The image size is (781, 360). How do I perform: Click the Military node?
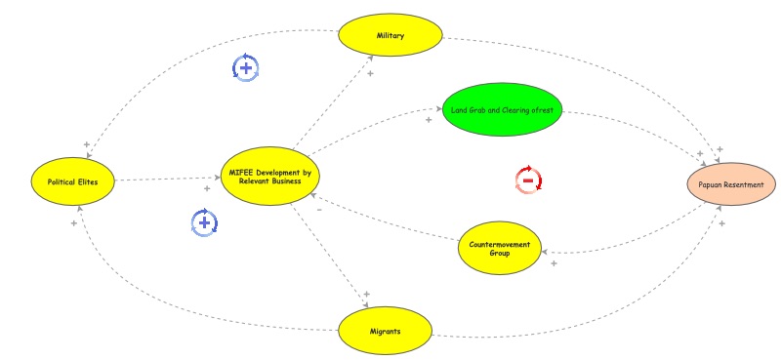pyautogui.click(x=390, y=36)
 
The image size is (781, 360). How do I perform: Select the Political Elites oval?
pyautogui.click(x=73, y=180)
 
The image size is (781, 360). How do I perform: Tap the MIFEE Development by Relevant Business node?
pyautogui.click(x=268, y=178)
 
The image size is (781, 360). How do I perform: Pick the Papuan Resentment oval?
pyautogui.click(x=731, y=182)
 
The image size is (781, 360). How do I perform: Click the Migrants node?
pyautogui.click(x=385, y=331)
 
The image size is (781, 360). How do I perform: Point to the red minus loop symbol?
pyautogui.click(x=528, y=180)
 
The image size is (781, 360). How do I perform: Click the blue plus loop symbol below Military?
pyautogui.click(x=245, y=67)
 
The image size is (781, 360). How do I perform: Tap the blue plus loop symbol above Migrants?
pyautogui.click(x=204, y=222)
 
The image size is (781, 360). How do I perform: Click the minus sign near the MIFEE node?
pyautogui.click(x=319, y=209)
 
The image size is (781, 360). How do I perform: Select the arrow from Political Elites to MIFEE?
pyautogui.click(x=166, y=180)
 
